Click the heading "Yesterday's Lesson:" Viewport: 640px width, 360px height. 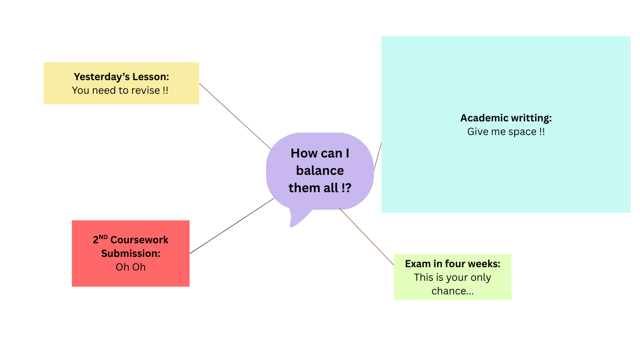point(121,76)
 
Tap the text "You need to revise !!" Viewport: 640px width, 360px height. point(120,90)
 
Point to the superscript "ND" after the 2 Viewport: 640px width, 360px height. point(104,237)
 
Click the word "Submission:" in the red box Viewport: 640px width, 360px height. point(131,254)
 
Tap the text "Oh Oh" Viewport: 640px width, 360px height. point(131,267)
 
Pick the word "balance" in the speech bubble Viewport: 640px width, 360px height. point(320,171)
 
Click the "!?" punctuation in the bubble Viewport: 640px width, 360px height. point(346,188)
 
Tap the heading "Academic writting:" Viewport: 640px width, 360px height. point(506,118)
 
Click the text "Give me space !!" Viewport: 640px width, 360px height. point(506,132)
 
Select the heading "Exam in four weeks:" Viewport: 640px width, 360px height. point(453,264)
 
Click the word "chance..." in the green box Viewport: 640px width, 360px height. point(453,291)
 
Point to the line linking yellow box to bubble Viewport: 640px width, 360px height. point(234,116)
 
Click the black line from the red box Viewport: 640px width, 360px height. point(232,225)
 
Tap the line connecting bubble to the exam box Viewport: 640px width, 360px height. point(366,237)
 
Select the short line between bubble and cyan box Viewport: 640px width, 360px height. point(378,156)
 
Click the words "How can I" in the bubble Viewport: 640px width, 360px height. point(320,153)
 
